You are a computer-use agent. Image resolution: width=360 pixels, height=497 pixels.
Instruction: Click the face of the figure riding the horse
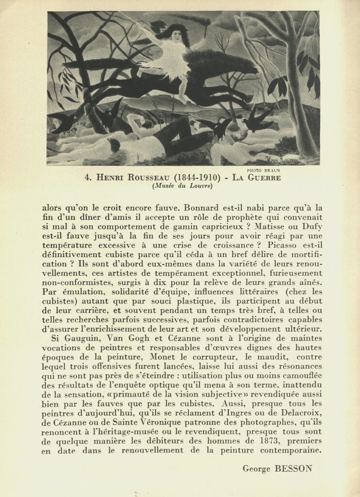pos(177,35)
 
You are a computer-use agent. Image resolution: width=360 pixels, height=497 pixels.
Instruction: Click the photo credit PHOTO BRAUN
pos(263,170)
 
